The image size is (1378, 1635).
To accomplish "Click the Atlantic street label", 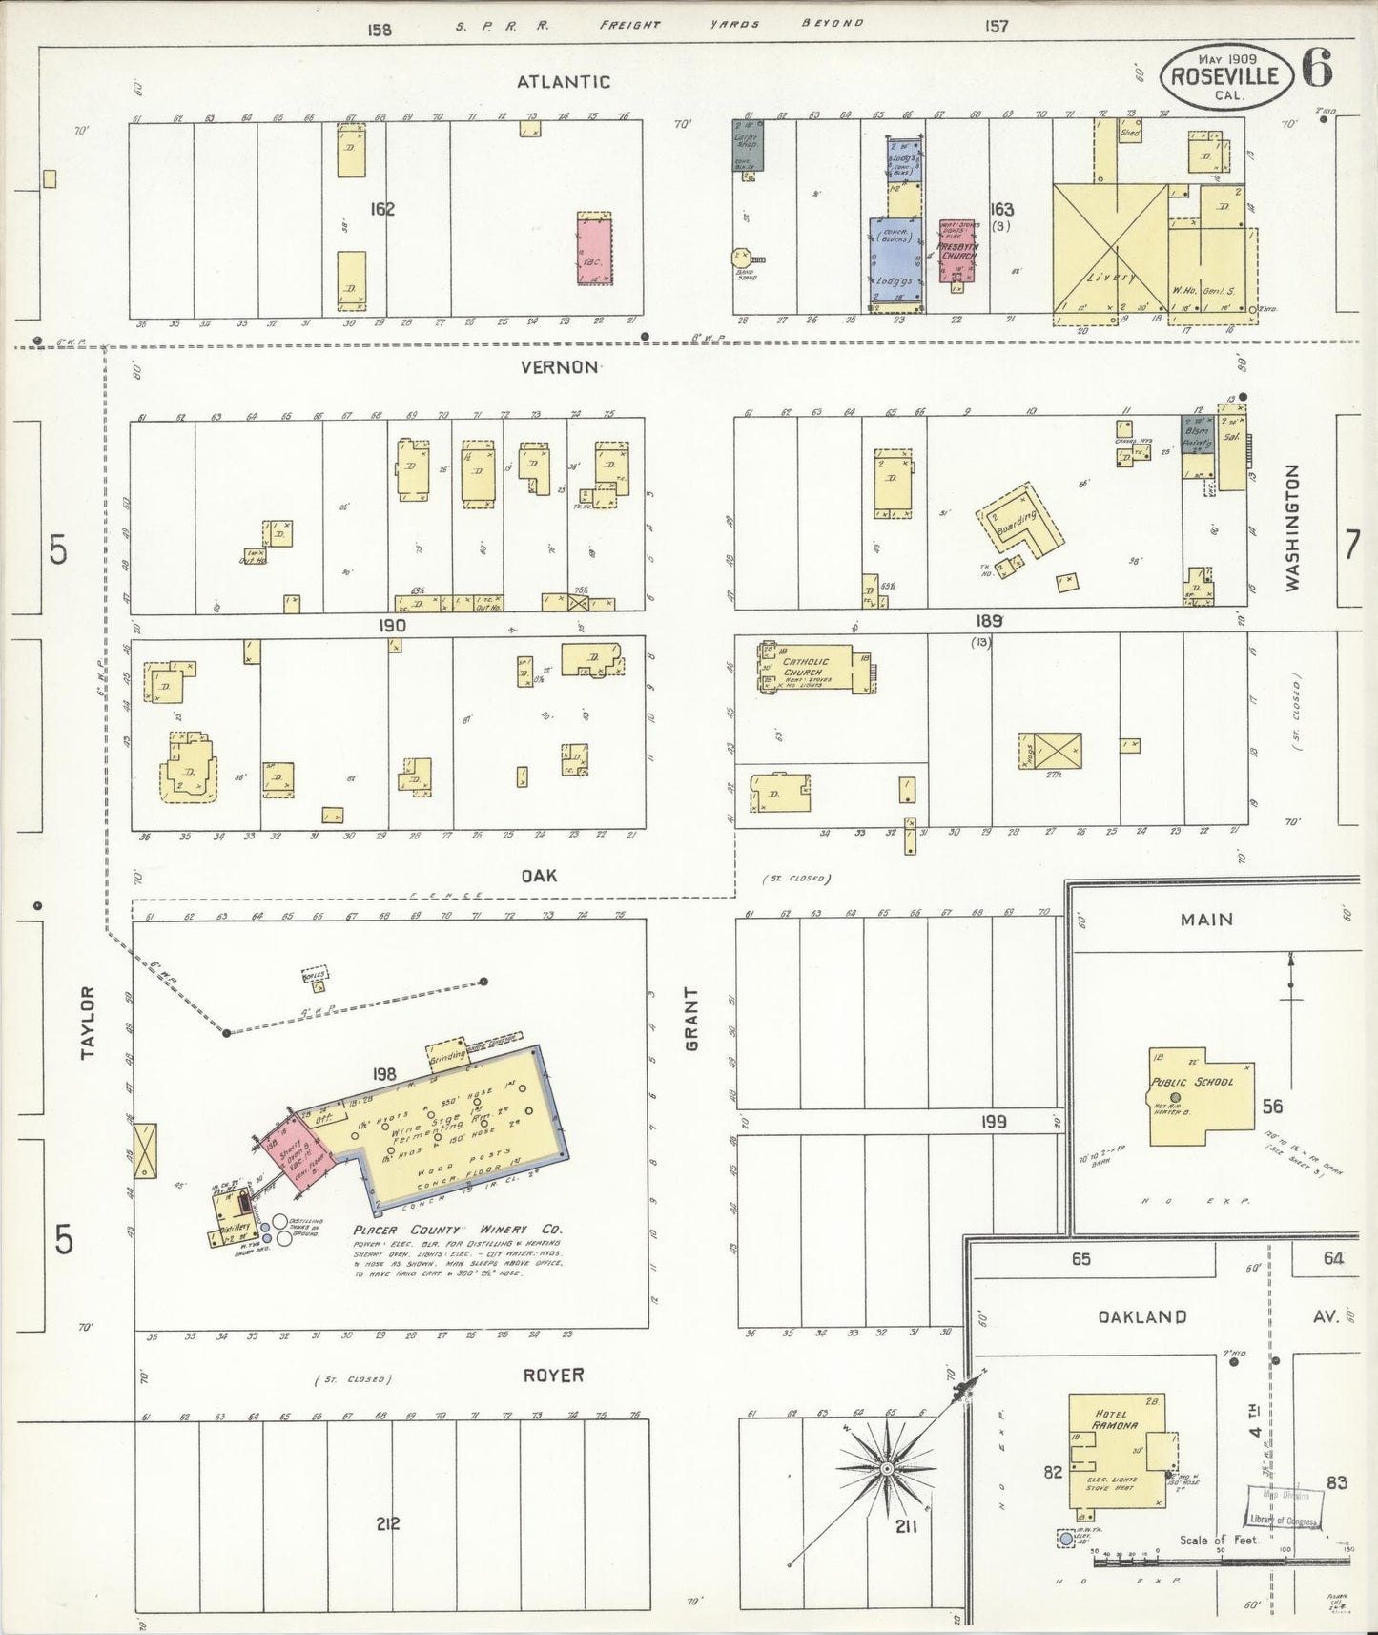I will pyautogui.click(x=563, y=82).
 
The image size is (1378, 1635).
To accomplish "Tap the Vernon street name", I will pyautogui.click(x=560, y=367).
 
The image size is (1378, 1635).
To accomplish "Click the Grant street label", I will pyautogui.click(x=693, y=1019).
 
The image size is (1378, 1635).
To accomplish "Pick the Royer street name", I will pyautogui.click(x=553, y=1375).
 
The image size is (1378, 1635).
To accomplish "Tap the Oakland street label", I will pyautogui.click(x=1141, y=1316).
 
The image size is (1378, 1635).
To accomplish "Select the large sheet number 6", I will pyautogui.click(x=1317, y=69).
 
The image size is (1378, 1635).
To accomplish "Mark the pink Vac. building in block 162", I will pyautogui.click(x=594, y=248).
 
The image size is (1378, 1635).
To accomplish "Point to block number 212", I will pyautogui.click(x=387, y=1523).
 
